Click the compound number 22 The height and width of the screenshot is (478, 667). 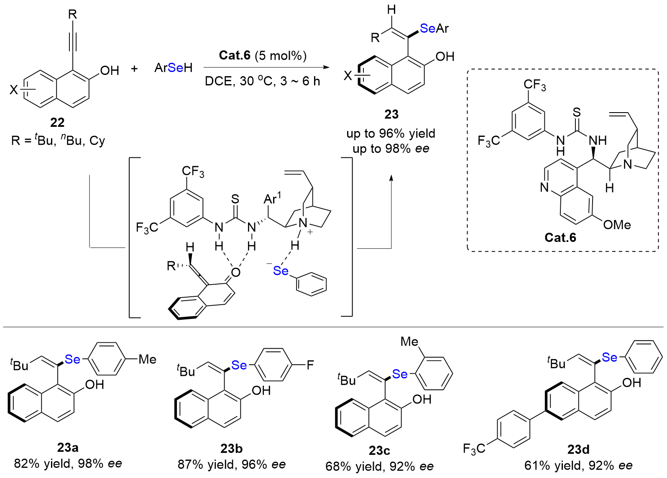click(57, 122)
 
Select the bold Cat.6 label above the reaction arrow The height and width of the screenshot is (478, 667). click(235, 55)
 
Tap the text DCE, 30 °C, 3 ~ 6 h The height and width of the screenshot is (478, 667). click(262, 81)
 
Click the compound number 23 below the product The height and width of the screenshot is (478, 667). click(391, 114)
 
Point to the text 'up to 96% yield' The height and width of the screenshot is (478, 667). click(391, 134)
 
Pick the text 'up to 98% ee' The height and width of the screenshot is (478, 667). click(391, 149)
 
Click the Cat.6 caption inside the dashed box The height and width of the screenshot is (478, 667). click(560, 237)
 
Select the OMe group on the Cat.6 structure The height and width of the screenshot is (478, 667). click(617, 225)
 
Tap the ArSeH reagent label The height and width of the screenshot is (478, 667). click(174, 68)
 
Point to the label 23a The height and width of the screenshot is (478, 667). click(68, 447)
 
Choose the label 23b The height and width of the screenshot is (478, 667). click(231, 448)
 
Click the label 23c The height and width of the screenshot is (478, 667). click(379, 450)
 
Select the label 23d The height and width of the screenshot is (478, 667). click(578, 450)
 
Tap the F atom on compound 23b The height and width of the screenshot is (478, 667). click(310, 365)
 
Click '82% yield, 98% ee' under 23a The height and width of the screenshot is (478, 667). click(68, 463)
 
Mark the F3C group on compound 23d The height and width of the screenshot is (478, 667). click(474, 449)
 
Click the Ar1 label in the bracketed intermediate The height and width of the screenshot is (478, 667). click(273, 198)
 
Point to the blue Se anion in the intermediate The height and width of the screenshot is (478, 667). click(280, 271)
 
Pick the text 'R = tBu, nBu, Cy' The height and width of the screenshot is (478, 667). click(58, 141)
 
